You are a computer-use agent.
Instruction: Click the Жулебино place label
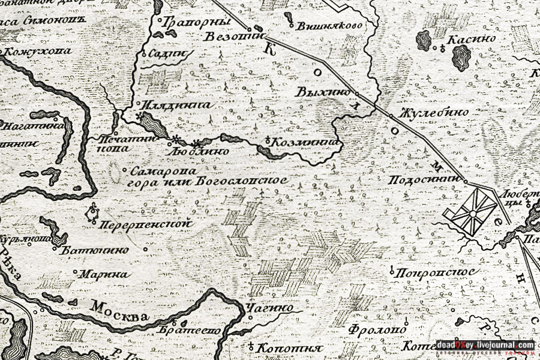click(x=426, y=113)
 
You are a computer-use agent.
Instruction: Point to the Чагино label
click(x=277, y=308)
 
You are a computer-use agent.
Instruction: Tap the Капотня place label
click(x=289, y=348)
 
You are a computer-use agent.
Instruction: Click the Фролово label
click(x=379, y=329)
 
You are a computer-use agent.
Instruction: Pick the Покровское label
click(x=436, y=272)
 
